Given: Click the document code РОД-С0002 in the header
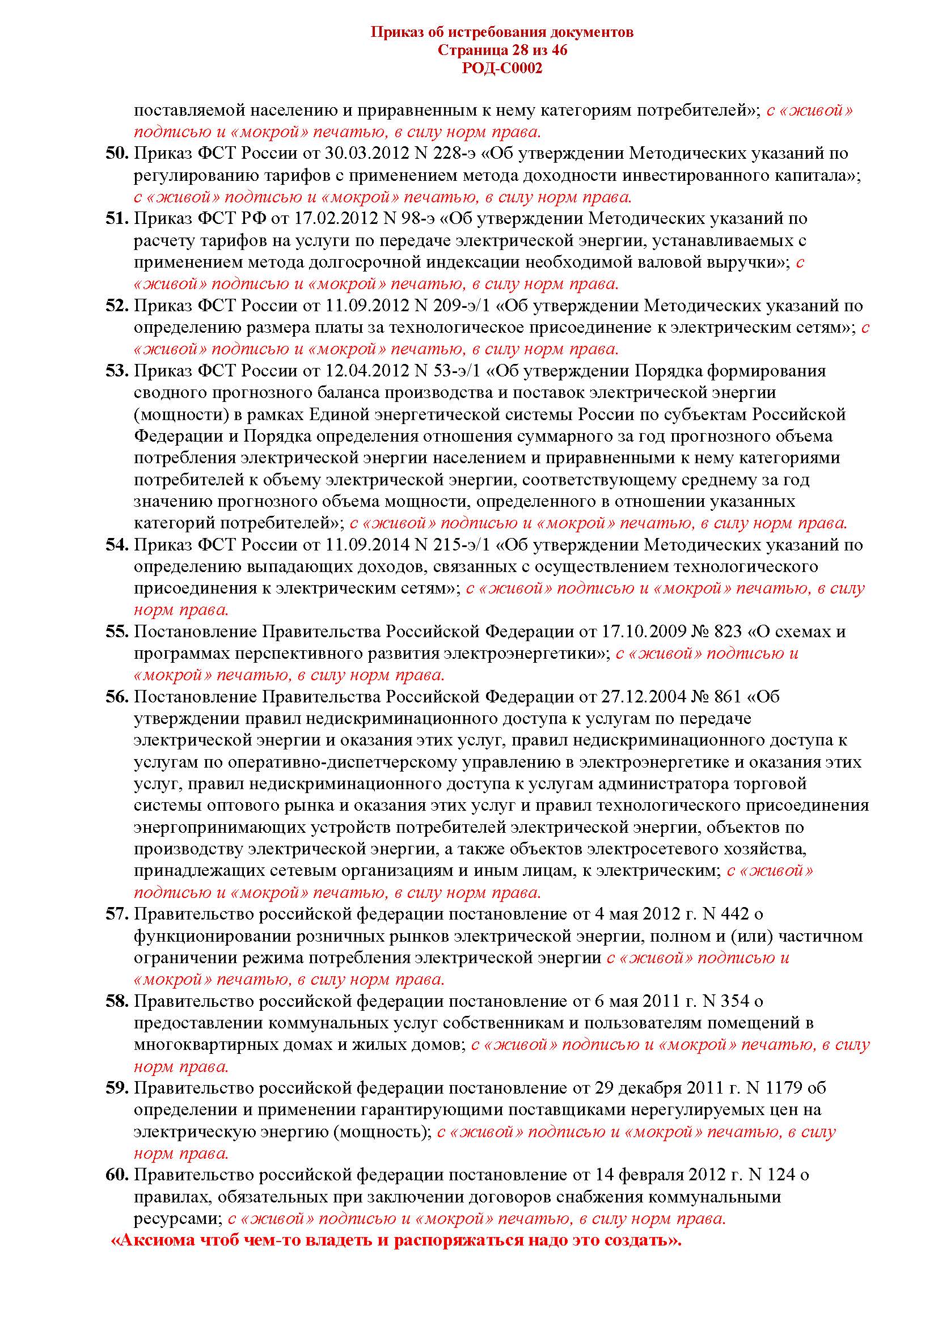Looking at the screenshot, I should (502, 69).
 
